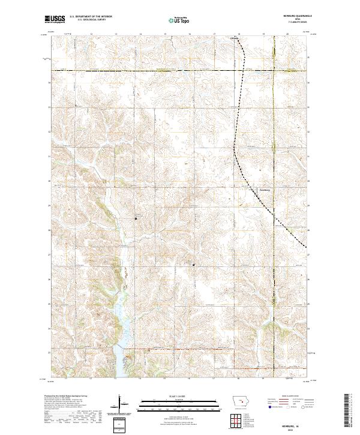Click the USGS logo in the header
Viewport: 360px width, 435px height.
coord(55,20)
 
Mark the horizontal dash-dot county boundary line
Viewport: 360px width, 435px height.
coord(150,71)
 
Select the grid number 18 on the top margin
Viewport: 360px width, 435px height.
coord(239,34)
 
